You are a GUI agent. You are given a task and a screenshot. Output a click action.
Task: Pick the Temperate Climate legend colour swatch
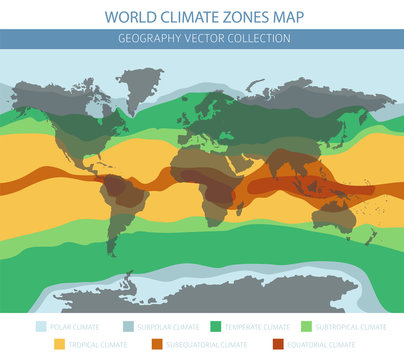click(215, 326)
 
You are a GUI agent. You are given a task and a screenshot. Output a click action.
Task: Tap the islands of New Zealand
click(372, 238)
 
